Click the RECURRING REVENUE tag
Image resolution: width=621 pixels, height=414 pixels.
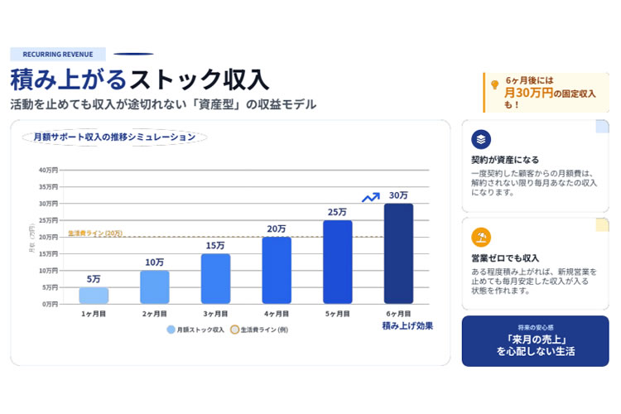pyautogui.click(x=57, y=54)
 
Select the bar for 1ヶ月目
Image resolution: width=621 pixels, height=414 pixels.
pyautogui.click(x=94, y=296)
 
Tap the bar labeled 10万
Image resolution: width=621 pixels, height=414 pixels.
pyautogui.click(x=154, y=286)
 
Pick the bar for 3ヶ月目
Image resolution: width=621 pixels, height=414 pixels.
pyautogui.click(x=215, y=278)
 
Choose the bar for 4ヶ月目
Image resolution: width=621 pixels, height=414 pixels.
pyautogui.click(x=277, y=270)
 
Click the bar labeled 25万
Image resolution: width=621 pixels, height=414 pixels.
pyautogui.click(x=337, y=262)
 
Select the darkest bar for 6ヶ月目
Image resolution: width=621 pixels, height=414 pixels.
pyautogui.click(x=398, y=253)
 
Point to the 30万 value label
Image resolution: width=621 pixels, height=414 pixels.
pyautogui.click(x=398, y=195)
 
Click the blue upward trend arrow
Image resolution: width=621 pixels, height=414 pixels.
pyautogui.click(x=371, y=197)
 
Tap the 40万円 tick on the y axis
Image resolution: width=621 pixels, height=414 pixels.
pyautogui.click(x=48, y=170)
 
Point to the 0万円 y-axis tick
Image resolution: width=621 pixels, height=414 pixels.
pyautogui.click(x=50, y=304)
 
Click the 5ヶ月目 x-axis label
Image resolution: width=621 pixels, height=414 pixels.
pyautogui.click(x=337, y=314)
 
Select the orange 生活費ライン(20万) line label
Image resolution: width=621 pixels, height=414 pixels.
pyautogui.click(x=94, y=233)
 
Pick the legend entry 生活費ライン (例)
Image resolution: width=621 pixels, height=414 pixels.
pyautogui.click(x=262, y=329)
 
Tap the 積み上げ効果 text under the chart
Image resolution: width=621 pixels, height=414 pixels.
pyautogui.click(x=407, y=326)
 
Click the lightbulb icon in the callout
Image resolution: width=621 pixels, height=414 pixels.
pyautogui.click(x=495, y=84)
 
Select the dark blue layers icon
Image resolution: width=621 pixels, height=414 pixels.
pyautogui.click(x=481, y=139)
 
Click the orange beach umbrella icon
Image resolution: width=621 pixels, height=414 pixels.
pyautogui.click(x=481, y=238)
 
